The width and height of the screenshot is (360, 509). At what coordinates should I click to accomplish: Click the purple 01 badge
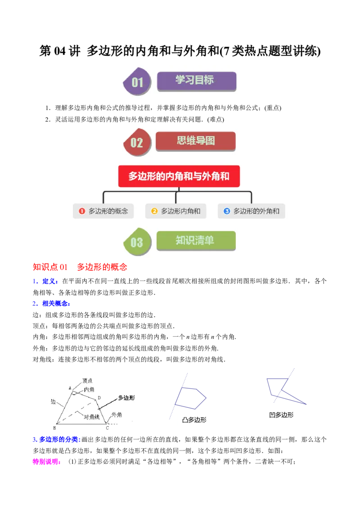(137, 81)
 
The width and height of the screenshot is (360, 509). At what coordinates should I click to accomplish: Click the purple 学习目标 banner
(196, 81)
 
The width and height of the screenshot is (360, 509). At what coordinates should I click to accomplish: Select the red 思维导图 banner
(196, 141)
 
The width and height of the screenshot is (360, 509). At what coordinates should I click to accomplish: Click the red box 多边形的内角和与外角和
(179, 176)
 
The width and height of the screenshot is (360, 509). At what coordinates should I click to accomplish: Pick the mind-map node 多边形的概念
(103, 211)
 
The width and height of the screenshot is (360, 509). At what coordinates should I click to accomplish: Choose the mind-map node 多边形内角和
(176, 211)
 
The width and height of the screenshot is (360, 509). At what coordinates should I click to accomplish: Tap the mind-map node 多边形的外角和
(252, 211)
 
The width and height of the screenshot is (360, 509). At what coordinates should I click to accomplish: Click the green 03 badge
(137, 241)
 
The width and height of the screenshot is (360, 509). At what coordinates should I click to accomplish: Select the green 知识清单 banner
(196, 241)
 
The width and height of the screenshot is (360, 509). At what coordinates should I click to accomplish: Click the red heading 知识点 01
(50, 267)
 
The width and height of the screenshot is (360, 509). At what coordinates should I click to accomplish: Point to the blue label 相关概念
(55, 304)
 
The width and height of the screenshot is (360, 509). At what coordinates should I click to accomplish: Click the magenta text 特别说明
(46, 462)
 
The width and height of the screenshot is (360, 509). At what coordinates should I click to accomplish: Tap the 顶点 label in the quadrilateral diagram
(87, 380)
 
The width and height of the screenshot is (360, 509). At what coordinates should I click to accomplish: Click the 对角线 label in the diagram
(91, 417)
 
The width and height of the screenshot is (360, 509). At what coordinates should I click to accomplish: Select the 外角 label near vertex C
(117, 415)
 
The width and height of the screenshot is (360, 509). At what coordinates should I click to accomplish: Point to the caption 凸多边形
(194, 420)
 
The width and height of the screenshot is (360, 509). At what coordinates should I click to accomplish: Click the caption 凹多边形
(281, 415)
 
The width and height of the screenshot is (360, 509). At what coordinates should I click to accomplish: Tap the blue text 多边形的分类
(59, 440)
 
